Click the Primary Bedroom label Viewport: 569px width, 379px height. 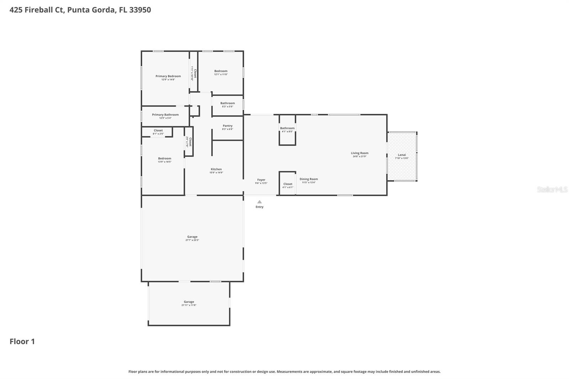pyautogui.click(x=168, y=76)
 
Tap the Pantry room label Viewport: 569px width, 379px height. pyautogui.click(x=227, y=126)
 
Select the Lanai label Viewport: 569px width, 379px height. pyautogui.click(x=402, y=155)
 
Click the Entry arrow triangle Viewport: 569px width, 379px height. pyautogui.click(x=259, y=202)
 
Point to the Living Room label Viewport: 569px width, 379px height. pyautogui.click(x=359, y=153)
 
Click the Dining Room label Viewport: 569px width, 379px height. pyautogui.click(x=308, y=179)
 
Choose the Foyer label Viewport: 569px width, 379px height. pyautogui.click(x=261, y=180)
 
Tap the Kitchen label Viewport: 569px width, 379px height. pyautogui.click(x=216, y=169)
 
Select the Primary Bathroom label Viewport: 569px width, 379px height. pyautogui.click(x=165, y=115)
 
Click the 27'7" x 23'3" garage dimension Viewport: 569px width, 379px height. pyautogui.click(x=192, y=240)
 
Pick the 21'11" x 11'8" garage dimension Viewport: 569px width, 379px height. pyautogui.click(x=188, y=305)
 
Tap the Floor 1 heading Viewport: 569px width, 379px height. pyautogui.click(x=22, y=341)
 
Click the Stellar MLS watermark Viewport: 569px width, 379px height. pyautogui.click(x=552, y=189)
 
